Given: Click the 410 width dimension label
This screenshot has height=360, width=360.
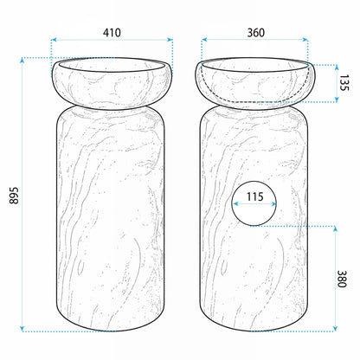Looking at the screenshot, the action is coord(112,33).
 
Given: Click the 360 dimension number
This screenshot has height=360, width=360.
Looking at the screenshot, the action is coord(256,33).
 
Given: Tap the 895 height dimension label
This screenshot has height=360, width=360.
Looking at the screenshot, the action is coord(14,196).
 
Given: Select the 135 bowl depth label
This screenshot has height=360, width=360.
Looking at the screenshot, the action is coord(344,83).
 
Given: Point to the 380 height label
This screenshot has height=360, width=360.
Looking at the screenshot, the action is coord(342,279).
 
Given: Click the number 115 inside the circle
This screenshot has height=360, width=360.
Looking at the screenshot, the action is coord(255,196).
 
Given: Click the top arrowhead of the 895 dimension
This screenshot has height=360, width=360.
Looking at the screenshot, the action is coord(22,60).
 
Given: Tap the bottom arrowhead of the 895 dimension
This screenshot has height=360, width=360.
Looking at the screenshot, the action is coord(22,329).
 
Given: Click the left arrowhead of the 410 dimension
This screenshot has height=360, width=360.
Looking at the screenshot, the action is coord(54,40).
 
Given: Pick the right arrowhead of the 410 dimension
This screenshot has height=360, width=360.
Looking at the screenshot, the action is coord(170,40).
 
